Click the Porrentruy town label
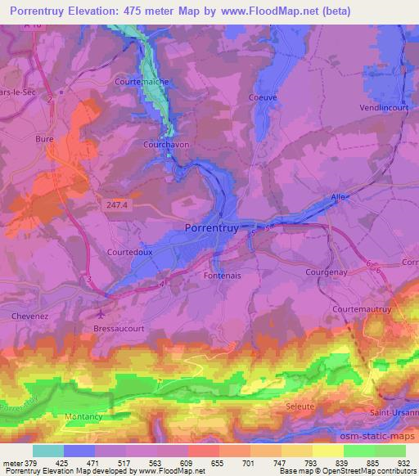(x=212, y=229)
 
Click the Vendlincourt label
(x=383, y=107)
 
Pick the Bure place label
(x=44, y=140)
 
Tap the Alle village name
(x=338, y=197)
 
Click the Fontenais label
(x=219, y=276)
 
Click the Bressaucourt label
(x=119, y=326)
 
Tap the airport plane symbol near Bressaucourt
(x=100, y=313)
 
